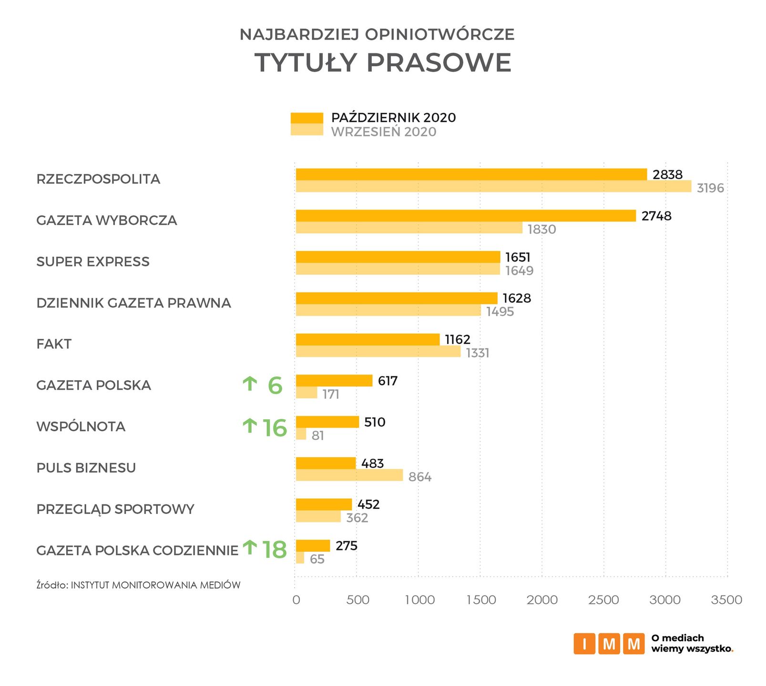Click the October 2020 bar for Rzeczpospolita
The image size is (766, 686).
(471, 174)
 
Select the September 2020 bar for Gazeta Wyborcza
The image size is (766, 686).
(409, 228)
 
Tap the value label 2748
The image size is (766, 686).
(656, 216)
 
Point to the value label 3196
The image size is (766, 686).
(710, 188)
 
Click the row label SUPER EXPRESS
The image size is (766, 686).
(93, 262)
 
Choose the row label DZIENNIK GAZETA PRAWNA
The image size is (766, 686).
(133, 303)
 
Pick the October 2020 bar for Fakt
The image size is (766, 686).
(368, 340)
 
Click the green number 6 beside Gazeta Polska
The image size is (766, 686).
(275, 385)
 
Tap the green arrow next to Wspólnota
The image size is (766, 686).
(250, 425)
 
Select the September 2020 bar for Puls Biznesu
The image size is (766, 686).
(349, 475)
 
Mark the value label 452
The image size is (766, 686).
(368, 504)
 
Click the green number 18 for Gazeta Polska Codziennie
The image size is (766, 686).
(275, 550)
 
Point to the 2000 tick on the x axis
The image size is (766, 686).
(542, 600)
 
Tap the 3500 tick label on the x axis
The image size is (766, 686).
(726, 600)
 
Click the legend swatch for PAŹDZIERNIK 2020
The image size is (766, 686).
(306, 118)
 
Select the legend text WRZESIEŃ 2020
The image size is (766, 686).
(384, 132)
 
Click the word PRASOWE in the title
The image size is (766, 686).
(439, 62)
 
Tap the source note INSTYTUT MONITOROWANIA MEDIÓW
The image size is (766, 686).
(155, 585)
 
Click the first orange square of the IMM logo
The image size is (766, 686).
(584, 644)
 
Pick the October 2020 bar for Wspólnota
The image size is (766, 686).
(327, 422)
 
